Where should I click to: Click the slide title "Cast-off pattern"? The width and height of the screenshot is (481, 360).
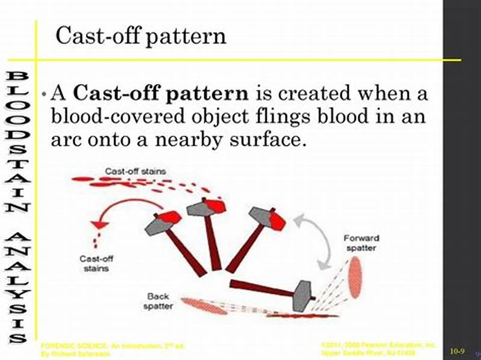coord(141,37)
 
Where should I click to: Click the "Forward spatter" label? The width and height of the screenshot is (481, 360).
coord(361,243)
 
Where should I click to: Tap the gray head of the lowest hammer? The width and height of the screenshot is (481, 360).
coord(302,295)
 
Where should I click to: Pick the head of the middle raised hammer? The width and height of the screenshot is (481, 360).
coord(206,207)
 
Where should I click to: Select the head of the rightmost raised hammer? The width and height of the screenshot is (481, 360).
coord(268,218)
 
